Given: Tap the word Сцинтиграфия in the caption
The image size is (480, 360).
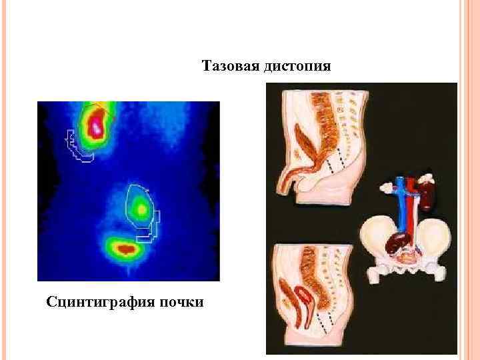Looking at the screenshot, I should (x=99, y=302).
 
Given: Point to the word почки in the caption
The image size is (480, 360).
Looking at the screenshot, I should (x=181, y=302).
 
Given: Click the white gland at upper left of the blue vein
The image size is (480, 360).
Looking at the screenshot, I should (x=386, y=189).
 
